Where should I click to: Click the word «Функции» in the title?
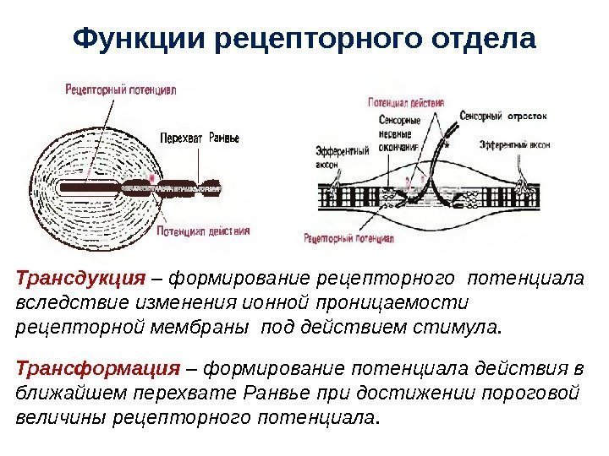pos(139,39)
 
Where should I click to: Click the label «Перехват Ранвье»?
pos(198,138)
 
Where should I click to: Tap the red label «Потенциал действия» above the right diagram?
pos(406,102)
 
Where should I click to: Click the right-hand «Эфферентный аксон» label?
pos(515,144)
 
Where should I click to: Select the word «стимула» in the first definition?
pos(460,326)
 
